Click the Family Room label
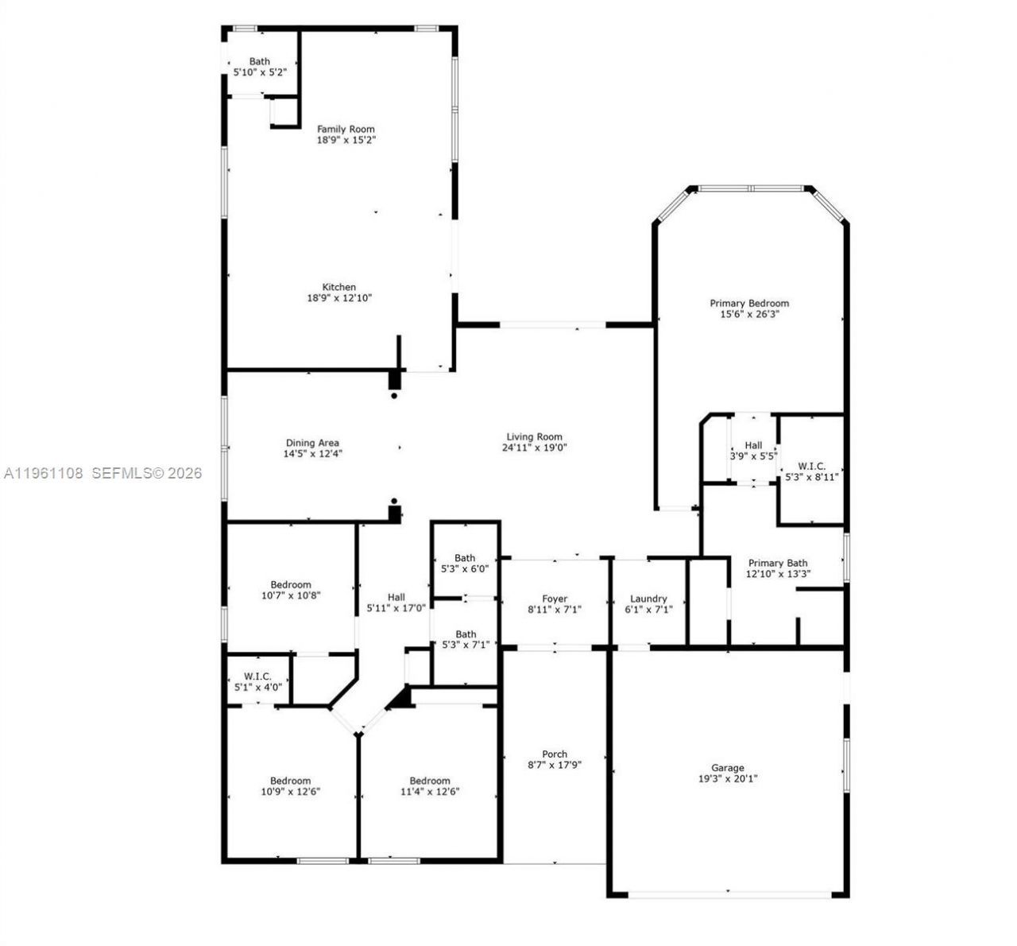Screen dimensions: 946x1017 (346, 129)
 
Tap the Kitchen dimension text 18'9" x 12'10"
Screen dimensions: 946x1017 (339, 298)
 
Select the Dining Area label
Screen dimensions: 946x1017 (312, 443)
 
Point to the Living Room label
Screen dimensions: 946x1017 (534, 436)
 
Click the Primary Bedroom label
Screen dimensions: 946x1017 (749, 303)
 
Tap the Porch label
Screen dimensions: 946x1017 (555, 754)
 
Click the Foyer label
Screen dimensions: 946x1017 (555, 599)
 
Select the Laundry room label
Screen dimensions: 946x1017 (648, 599)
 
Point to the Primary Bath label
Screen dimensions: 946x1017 (777, 563)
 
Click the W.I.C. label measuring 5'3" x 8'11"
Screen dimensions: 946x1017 (811, 466)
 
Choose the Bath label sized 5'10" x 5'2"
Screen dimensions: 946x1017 (260, 61)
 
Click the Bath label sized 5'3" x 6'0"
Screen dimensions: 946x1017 (465, 558)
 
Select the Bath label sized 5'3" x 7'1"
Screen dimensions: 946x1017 (466, 634)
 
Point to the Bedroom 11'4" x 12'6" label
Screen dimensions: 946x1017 (430, 781)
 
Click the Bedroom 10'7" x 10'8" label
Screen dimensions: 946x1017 (290, 584)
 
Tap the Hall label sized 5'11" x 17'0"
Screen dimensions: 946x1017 (396, 597)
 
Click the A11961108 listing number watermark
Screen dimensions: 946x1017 (44, 473)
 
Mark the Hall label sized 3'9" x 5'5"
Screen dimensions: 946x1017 (753, 445)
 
